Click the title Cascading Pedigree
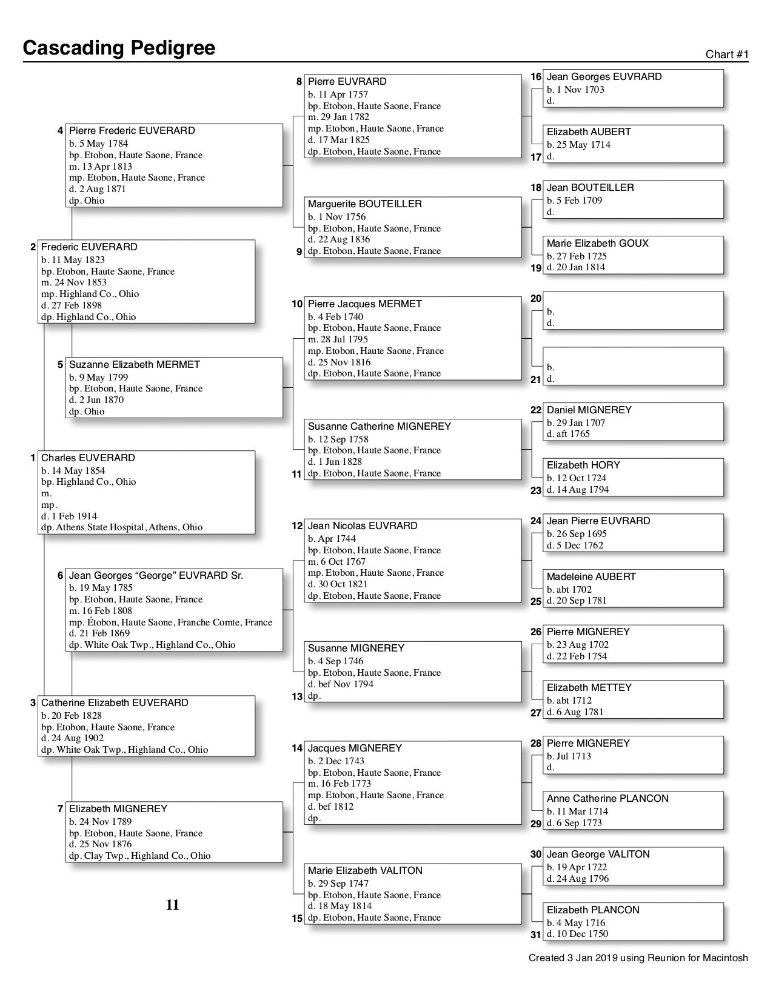(119, 48)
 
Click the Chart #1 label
(727, 55)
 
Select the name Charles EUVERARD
(88, 458)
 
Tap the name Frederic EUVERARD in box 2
(89, 247)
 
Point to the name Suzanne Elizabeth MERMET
(134, 365)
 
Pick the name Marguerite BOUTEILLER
(364, 204)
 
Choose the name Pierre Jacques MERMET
(364, 304)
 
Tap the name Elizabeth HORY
(583, 465)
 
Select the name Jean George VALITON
(598, 855)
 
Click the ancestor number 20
(536, 298)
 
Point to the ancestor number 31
(536, 935)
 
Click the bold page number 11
(173, 905)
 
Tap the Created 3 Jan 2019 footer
(638, 958)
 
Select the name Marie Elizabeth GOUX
(597, 244)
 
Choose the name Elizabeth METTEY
(589, 688)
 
